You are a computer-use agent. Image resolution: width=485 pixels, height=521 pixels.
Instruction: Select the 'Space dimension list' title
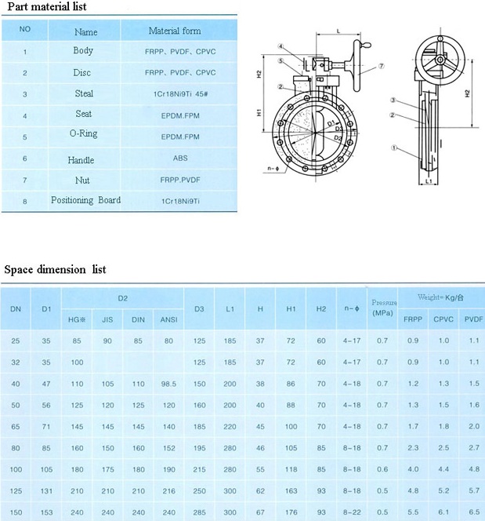tap(55, 270)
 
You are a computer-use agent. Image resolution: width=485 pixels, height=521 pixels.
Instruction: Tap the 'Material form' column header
tap(175, 31)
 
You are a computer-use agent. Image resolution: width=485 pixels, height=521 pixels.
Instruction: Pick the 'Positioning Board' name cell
tap(86, 200)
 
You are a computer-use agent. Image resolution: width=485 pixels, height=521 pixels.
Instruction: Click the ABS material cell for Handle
tap(180, 158)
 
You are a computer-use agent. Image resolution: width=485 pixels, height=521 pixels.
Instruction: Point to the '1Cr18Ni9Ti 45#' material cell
tap(180, 94)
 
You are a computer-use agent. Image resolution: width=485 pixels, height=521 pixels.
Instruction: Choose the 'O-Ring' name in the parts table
tap(83, 134)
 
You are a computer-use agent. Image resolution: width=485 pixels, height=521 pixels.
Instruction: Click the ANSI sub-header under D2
tap(168, 320)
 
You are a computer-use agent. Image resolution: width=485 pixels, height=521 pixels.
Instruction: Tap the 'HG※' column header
tap(76, 320)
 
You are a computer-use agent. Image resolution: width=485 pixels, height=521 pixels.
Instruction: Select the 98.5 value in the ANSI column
tap(168, 384)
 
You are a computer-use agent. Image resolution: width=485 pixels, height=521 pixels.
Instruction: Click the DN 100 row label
tap(16, 468)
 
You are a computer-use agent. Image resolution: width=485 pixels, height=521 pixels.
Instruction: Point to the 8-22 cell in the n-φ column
tap(352, 512)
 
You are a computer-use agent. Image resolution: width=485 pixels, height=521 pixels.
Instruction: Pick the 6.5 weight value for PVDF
tap(472, 512)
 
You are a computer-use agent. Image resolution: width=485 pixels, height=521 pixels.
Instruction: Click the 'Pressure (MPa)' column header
tap(383, 307)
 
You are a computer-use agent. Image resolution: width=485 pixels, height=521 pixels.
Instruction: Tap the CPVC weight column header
tap(443, 320)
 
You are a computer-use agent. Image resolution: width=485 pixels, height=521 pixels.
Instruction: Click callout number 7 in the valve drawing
tap(381, 67)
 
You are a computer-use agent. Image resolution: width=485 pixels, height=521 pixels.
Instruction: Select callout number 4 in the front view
tap(279, 47)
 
